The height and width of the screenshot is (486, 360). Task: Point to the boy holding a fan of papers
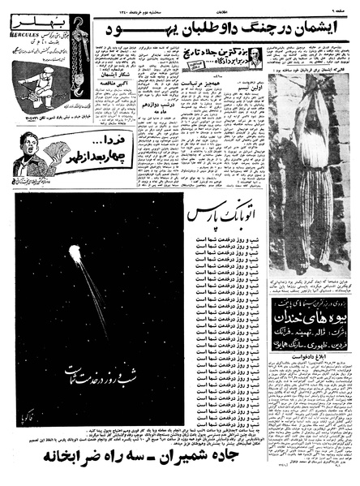29,146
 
